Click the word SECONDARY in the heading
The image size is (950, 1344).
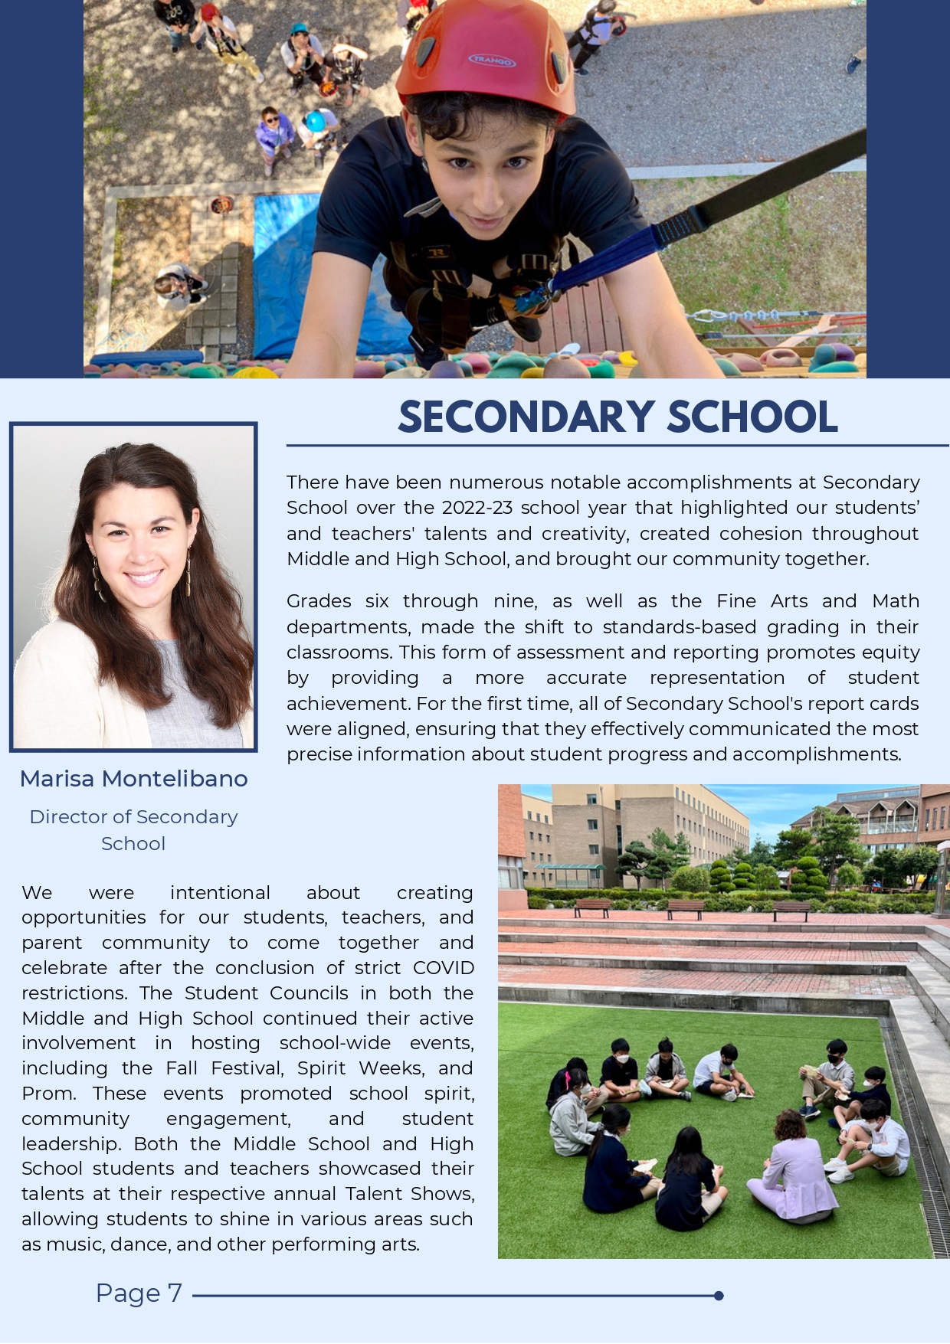pos(525,417)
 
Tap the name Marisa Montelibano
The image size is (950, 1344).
pos(134,779)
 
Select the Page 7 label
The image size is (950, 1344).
pos(139,1293)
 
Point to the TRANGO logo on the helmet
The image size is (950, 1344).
pos(492,60)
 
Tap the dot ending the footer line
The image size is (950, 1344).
pos(719,1296)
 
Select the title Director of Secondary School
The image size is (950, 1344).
pos(133,830)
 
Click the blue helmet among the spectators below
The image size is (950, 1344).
pos(316,121)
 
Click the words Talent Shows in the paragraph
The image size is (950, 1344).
pos(409,1194)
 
